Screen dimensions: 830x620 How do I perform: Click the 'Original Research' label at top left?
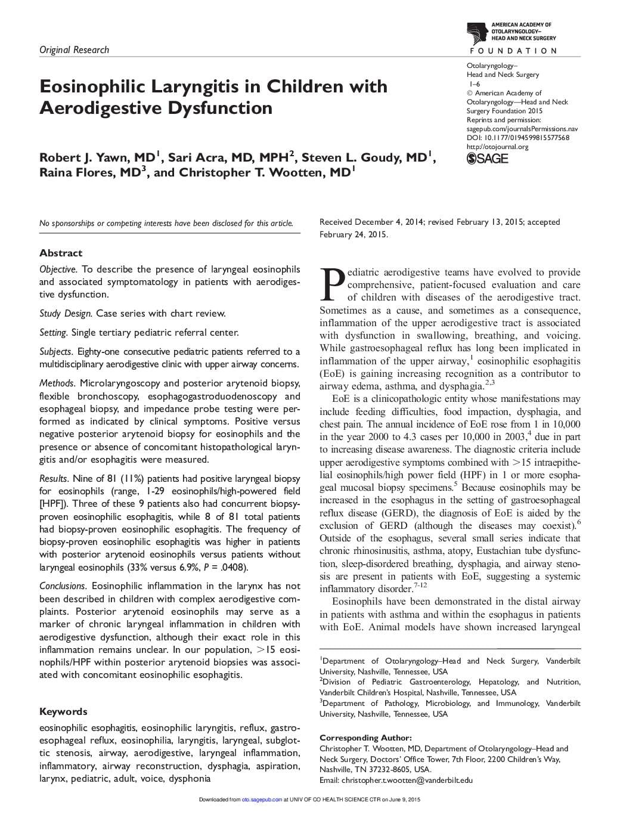(74, 50)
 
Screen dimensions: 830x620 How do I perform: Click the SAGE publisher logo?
(487, 159)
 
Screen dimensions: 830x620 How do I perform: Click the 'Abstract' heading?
(61, 253)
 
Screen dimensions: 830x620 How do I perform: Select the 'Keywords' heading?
(63, 711)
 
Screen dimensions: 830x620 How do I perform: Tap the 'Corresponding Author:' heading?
(365, 738)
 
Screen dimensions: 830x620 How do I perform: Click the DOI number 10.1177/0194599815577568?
(525, 138)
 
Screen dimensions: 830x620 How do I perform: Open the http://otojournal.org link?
(497, 147)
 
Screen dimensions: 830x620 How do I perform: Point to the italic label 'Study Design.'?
(66, 314)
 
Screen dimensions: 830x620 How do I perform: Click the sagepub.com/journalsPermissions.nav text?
(522, 129)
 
